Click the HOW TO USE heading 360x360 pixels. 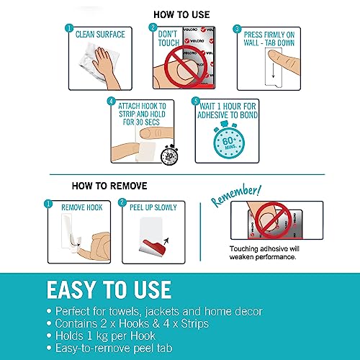[x=181, y=14]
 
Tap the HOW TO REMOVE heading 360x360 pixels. [x=109, y=186]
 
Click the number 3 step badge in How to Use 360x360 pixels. [x=237, y=29]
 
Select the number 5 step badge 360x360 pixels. [x=196, y=101]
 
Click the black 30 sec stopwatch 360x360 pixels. [x=169, y=156]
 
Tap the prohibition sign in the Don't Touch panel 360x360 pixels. [x=183, y=66]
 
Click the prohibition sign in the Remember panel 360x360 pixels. [x=273, y=220]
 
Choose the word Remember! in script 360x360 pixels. [x=236, y=195]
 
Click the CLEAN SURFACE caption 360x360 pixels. [x=100, y=35]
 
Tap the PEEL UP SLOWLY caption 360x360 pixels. [x=153, y=207]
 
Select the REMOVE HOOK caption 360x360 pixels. [x=82, y=207]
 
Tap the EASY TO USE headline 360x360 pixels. [x=109, y=290]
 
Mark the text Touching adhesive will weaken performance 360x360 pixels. [x=264, y=253]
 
